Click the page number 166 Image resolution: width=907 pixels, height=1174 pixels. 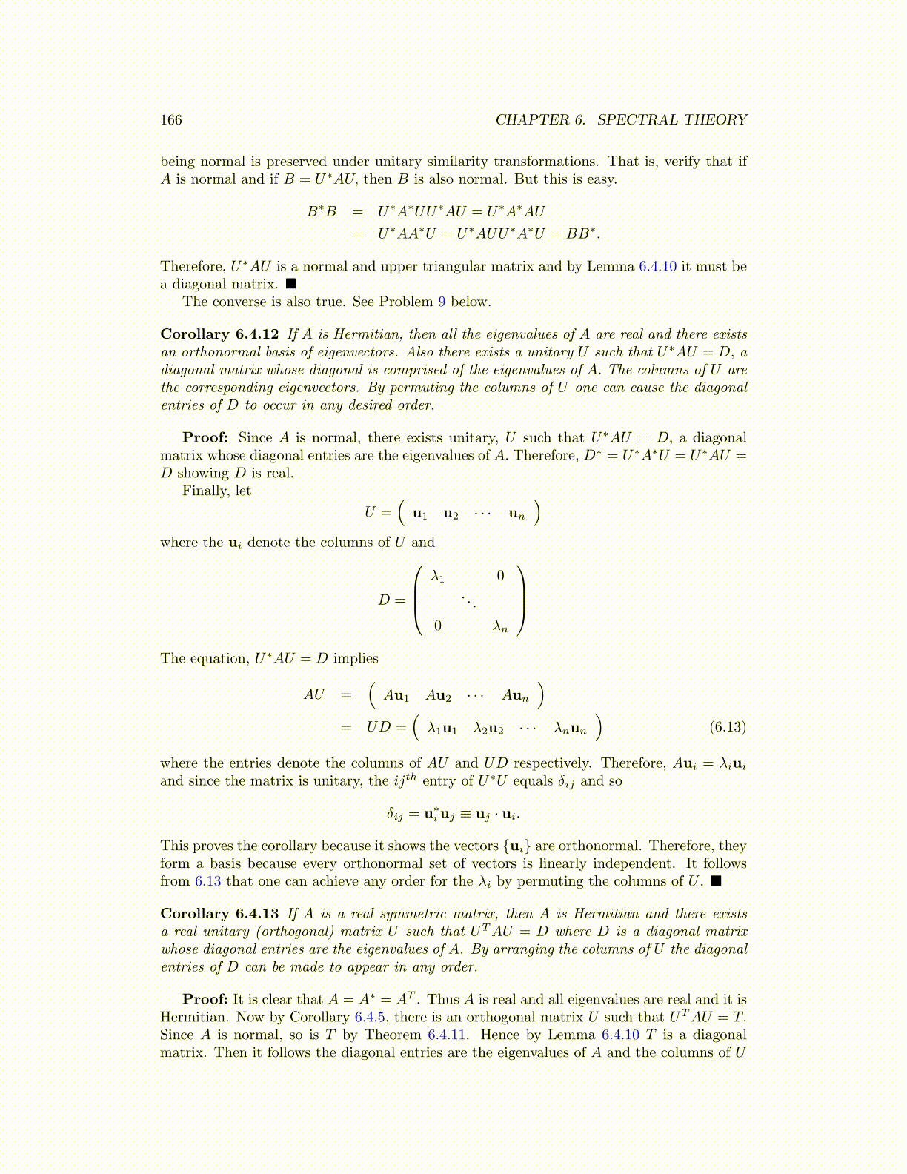[170, 120]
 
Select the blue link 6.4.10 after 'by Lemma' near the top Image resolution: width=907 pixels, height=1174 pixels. [657, 266]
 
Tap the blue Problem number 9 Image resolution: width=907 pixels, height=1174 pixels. [442, 302]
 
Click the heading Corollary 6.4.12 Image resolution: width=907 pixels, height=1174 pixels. [219, 334]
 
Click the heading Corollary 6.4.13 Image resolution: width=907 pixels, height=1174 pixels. [219, 914]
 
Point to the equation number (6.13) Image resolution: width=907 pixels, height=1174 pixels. [728, 727]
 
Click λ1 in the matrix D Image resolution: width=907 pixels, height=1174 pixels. [438, 576]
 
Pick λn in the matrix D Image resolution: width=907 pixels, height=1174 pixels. [500, 627]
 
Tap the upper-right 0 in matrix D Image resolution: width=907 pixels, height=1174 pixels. [500, 576]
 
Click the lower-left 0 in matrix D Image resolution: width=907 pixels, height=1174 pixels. [438, 627]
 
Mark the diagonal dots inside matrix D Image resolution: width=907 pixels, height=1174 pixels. [469, 601]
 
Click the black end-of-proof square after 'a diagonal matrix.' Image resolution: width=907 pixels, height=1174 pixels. [291, 284]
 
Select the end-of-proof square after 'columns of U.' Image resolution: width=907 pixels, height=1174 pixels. [715, 881]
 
